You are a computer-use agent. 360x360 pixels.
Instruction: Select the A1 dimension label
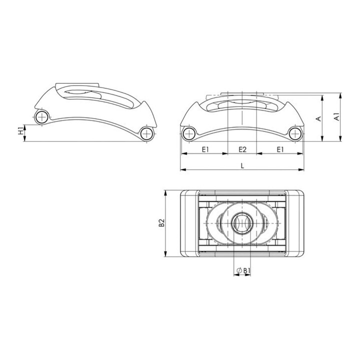pyautogui.click(x=336, y=116)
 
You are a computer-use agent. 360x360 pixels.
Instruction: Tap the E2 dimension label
pyautogui.click(x=242, y=149)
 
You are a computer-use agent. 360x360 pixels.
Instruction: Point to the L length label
pyautogui.click(x=242, y=166)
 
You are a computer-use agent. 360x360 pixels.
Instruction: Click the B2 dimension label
pyautogui.click(x=161, y=222)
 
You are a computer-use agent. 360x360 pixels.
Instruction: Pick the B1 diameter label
pyautogui.click(x=246, y=271)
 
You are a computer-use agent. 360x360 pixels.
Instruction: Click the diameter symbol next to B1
pyautogui.click(x=238, y=271)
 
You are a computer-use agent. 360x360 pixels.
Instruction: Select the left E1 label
pyautogui.click(x=205, y=149)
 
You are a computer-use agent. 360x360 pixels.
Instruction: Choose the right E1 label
pyautogui.click(x=280, y=149)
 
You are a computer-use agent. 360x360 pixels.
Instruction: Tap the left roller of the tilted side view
pyautogui.click(x=42, y=117)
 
